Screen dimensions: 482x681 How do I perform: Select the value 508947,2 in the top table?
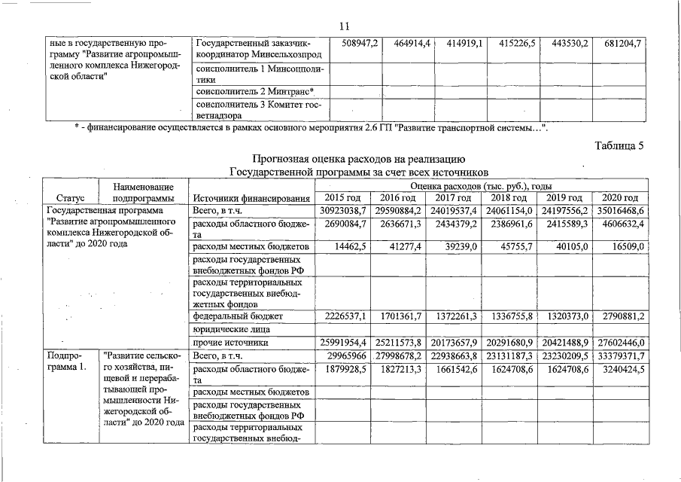360,44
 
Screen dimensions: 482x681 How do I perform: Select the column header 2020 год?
620,197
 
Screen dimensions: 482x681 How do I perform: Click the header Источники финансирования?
251,198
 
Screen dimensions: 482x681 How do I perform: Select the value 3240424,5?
620,370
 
